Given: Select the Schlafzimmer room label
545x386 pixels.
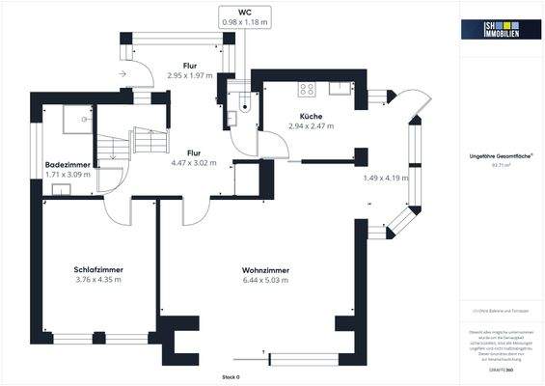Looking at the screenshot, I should pos(98,269).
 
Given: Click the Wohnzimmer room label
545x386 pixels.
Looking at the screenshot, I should pos(243,269).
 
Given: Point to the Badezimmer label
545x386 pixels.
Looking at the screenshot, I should pos(67,165).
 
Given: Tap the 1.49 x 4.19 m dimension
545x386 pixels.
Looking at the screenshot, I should pos(385,178).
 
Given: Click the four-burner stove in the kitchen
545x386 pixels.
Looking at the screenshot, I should pos(308,90).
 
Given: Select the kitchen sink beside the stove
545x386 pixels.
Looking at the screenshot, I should pos(340,89).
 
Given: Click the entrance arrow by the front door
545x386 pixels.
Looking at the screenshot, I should pos(122,72).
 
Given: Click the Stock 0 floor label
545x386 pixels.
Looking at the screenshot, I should pos(231,375).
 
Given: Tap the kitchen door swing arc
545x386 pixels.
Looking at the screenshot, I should pos(273,147).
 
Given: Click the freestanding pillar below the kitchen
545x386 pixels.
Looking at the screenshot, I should pos(362,155).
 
